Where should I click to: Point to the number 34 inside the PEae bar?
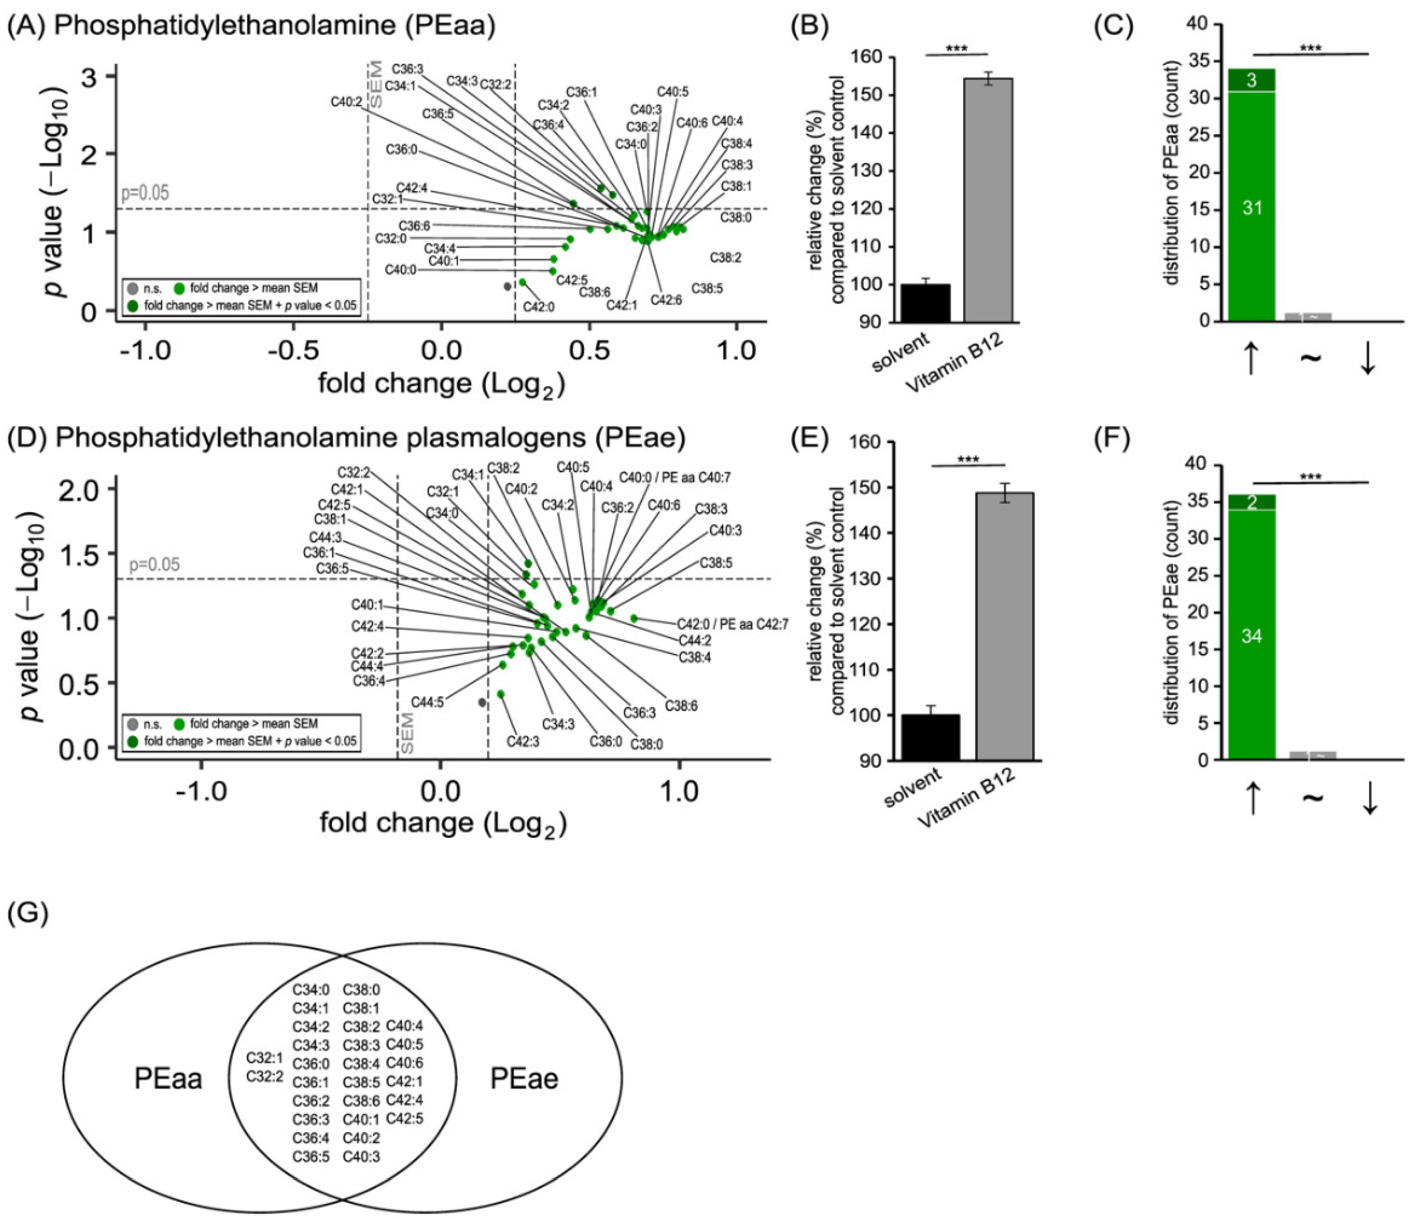[x=1252, y=637]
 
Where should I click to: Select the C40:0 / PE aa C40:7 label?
[x=674, y=478]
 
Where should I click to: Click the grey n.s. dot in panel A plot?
[x=507, y=287]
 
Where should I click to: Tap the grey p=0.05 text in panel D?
[x=154, y=564]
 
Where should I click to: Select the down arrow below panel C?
[x=1368, y=360]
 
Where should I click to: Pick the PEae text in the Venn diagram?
[x=524, y=1079]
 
